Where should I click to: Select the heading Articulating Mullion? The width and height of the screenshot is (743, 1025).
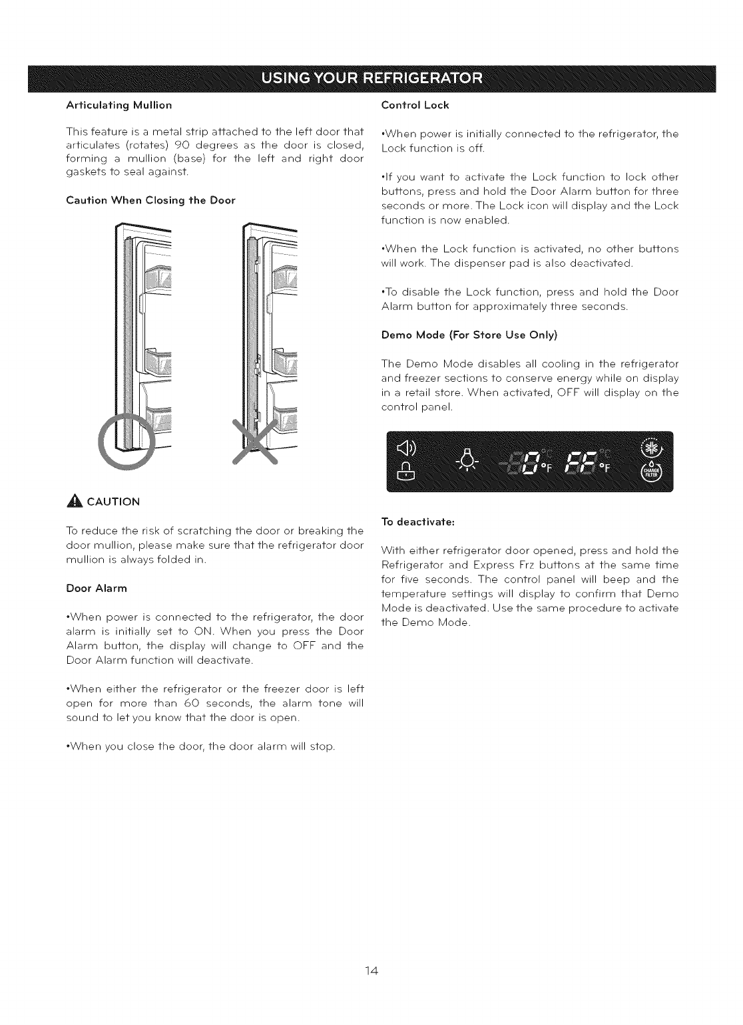[119, 105]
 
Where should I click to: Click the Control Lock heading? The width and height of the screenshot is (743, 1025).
[415, 105]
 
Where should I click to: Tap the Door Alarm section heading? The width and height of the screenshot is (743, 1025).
[97, 588]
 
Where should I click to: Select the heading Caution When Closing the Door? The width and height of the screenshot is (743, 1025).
[150, 200]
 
